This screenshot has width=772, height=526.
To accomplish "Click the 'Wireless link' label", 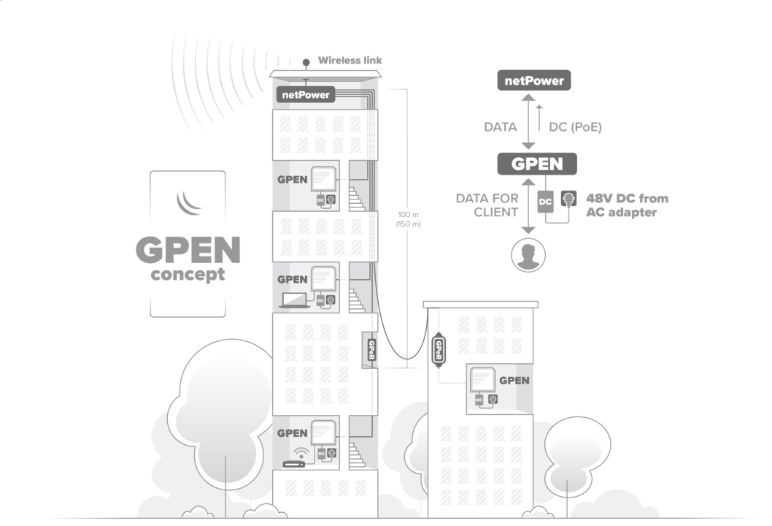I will coord(350,60).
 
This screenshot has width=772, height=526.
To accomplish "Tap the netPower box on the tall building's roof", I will coord(306,94).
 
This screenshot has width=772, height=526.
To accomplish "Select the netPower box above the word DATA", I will coord(534,80).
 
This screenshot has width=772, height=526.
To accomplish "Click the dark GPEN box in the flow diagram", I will coord(537,164).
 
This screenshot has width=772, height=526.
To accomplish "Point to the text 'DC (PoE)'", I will coord(575,126).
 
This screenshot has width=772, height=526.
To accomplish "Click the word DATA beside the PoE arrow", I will coord(501,126).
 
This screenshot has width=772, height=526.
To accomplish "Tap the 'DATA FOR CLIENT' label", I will coord(487,205).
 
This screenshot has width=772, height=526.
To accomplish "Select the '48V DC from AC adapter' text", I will coord(627,205).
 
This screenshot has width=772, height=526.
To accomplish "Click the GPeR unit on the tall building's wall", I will coord(371,349).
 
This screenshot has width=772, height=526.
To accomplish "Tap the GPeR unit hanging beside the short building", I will coord(439,350).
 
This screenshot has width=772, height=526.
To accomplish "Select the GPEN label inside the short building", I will coord(514,380).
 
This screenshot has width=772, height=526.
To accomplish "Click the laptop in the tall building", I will coord(294,300).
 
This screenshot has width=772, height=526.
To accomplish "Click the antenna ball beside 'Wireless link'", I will coord(306,61).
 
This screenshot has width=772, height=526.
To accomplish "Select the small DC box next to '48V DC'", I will coord(545,201).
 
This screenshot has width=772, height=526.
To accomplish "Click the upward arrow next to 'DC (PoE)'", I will coord(539,117).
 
